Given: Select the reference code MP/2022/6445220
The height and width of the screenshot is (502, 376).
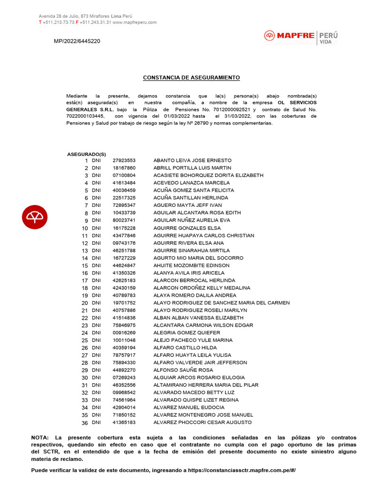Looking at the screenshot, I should coord(77,41).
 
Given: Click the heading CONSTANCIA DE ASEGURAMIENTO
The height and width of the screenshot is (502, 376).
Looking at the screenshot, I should coord(191,78).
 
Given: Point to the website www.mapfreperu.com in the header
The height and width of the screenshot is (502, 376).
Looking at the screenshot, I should coord(135,23).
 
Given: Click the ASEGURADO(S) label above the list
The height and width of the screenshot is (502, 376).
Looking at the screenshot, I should coord(86,154).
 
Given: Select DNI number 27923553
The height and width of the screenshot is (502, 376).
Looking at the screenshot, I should coord(124,160).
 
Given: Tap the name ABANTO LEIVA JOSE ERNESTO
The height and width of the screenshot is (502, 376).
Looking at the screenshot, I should coord(192,160).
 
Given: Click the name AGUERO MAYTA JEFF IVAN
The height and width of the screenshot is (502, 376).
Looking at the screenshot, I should coord(188,205).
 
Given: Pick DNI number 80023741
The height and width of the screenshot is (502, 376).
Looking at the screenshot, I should coord(124,221).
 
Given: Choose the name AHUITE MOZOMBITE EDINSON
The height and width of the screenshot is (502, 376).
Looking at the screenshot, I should coord(191,265).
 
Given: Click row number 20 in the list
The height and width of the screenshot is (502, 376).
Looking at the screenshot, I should coord(84,303).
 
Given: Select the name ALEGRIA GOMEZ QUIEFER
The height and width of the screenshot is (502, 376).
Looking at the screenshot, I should coord(187,333).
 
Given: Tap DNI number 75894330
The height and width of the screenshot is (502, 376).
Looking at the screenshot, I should coord(124,363).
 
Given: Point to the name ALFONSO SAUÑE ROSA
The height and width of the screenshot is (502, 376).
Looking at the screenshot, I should coord(183,370).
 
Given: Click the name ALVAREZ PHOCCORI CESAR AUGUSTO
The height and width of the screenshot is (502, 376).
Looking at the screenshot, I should coord(203,423).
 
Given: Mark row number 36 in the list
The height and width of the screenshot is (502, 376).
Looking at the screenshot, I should coord(84,423).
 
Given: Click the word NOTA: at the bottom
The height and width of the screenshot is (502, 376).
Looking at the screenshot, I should coord(40,437).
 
